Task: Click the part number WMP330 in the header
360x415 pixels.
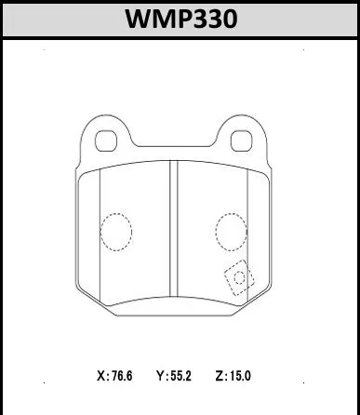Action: pyautogui.click(x=181, y=19)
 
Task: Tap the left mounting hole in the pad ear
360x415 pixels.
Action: pyautogui.click(x=106, y=141)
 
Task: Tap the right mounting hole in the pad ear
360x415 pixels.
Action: pyautogui.click(x=242, y=141)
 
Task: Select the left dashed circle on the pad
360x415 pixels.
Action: pyautogui.click(x=116, y=232)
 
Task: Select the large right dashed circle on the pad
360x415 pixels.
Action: pyautogui.click(x=232, y=232)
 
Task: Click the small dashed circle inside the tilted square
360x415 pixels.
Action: pyautogui.click(x=239, y=277)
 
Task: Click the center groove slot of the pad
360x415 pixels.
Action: pyautogui.click(x=174, y=229)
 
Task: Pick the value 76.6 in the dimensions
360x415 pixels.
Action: pyautogui.click(x=122, y=376)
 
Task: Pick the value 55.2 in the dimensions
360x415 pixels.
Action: pyautogui.click(x=181, y=376)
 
